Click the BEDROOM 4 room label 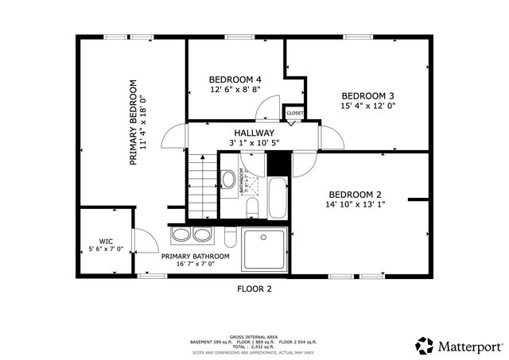235,79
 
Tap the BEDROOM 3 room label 368,95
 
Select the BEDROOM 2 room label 356,195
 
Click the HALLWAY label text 254,133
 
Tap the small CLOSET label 294,114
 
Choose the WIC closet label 106,240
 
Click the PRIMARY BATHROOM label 196,257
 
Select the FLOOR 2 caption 254,289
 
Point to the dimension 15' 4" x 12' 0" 368,105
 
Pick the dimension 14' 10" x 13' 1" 356,205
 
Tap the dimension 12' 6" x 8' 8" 235,90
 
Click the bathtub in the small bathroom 278,198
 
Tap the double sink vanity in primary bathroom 191,235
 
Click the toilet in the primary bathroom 229,238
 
